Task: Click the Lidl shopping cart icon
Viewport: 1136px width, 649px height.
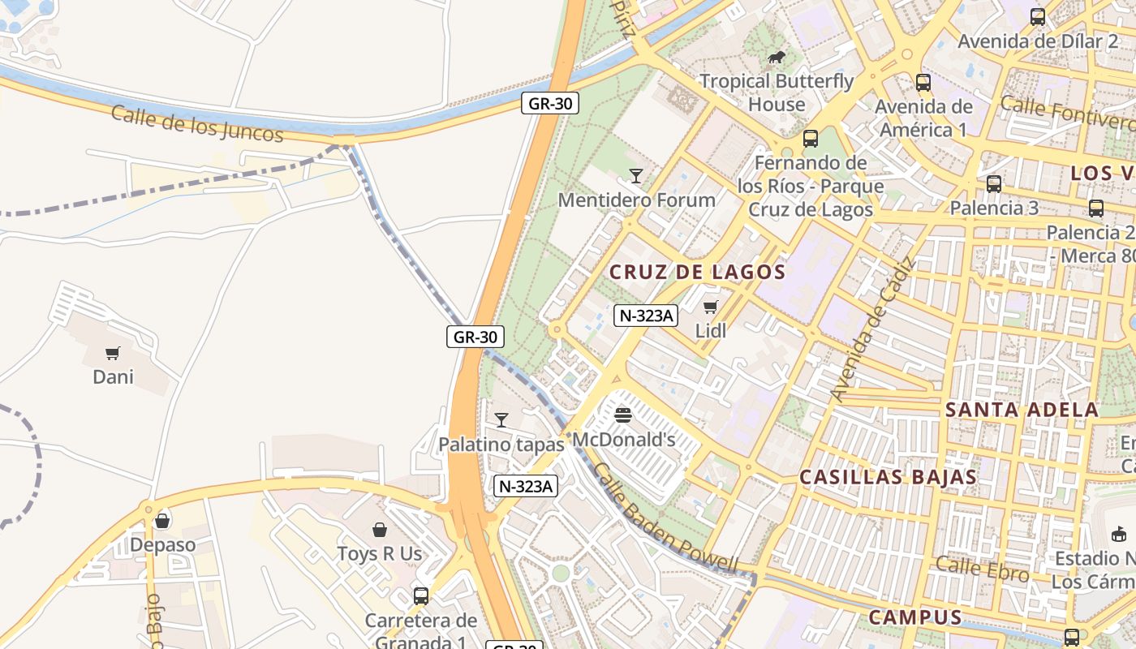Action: pyautogui.click(x=711, y=307)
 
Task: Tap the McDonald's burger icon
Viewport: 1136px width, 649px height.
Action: pyautogui.click(x=623, y=415)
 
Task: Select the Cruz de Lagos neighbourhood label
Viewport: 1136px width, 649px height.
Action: pyautogui.click(x=697, y=272)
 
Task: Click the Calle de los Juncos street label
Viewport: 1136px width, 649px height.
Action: pyautogui.click(x=197, y=123)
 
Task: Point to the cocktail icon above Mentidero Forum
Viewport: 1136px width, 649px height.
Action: pyautogui.click(x=636, y=175)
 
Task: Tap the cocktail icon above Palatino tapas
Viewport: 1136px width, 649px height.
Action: pyautogui.click(x=501, y=419)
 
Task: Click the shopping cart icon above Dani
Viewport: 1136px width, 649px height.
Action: pyautogui.click(x=113, y=353)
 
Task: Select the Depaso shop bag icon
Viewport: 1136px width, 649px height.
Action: pyautogui.click(x=162, y=520)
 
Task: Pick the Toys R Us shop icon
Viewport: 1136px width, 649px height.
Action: pyautogui.click(x=380, y=530)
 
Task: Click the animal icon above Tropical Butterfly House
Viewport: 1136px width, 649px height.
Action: pyautogui.click(x=777, y=57)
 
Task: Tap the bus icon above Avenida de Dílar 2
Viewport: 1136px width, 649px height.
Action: pyautogui.click(x=1037, y=16)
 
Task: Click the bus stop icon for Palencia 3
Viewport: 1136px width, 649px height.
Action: pyautogui.click(x=993, y=183)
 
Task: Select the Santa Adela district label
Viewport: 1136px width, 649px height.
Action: pyautogui.click(x=1022, y=410)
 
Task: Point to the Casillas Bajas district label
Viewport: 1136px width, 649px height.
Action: pyautogui.click(x=888, y=477)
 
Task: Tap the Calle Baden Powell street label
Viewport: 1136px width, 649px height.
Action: pyautogui.click(x=665, y=519)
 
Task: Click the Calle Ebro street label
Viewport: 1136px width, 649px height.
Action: pyautogui.click(x=982, y=569)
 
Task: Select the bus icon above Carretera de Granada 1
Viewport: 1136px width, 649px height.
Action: pyautogui.click(x=420, y=596)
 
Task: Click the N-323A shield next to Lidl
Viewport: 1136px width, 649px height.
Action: pyautogui.click(x=645, y=316)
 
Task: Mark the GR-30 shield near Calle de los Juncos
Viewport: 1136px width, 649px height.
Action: pyautogui.click(x=549, y=103)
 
